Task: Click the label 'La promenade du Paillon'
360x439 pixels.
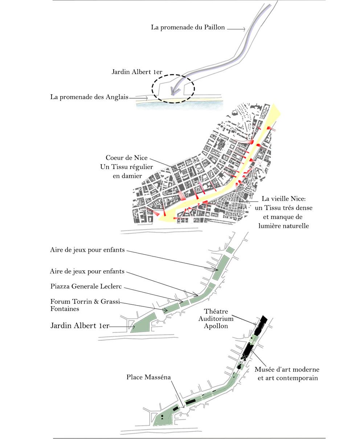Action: (x=188, y=27)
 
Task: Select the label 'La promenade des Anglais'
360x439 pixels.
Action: (x=89, y=97)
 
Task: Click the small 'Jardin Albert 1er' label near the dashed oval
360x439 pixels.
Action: (x=137, y=72)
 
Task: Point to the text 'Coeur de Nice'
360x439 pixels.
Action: (x=127, y=158)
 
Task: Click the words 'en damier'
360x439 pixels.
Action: (x=127, y=176)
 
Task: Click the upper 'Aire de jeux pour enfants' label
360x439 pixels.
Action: (x=87, y=250)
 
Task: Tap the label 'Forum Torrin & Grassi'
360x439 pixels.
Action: (x=85, y=301)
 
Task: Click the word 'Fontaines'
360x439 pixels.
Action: (x=65, y=309)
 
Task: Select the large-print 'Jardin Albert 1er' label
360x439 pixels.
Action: (x=79, y=325)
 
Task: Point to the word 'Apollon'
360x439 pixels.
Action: (x=216, y=326)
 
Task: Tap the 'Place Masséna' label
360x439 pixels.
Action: (x=148, y=377)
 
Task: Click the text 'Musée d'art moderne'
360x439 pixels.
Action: (x=287, y=370)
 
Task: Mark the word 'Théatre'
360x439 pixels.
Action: (x=216, y=311)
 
